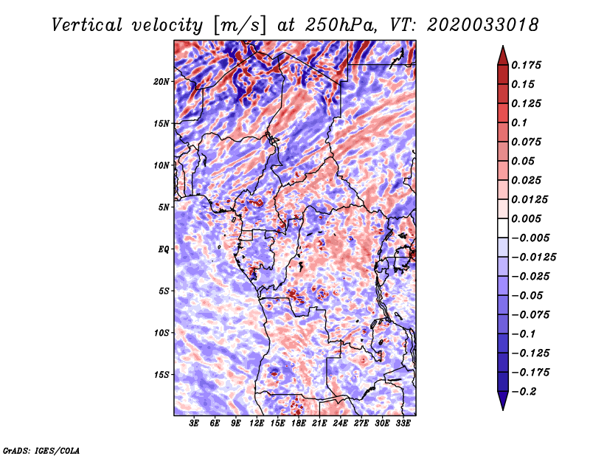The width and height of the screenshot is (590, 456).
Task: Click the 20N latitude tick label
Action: (x=162, y=81)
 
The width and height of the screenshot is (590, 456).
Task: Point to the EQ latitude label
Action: (x=163, y=249)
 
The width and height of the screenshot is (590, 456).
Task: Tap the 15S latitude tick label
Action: (x=162, y=375)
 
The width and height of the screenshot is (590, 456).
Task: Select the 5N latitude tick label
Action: (x=164, y=207)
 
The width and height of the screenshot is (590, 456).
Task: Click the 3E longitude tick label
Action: (x=194, y=424)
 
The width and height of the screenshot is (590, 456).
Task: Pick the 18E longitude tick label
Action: (x=299, y=424)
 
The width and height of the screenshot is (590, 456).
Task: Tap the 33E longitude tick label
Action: (x=403, y=424)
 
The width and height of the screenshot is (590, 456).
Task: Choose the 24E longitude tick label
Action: (x=340, y=424)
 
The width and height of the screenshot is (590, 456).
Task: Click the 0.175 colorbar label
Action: (x=526, y=65)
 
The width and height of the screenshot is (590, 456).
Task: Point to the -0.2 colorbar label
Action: (x=524, y=392)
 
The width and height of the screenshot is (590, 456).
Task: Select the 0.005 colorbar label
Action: (x=526, y=218)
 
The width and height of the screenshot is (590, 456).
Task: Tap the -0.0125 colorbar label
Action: (x=533, y=258)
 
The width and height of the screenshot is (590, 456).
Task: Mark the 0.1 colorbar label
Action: (x=519, y=122)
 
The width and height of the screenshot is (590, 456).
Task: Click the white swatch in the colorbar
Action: (x=503, y=228)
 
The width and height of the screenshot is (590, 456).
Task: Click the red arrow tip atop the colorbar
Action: (x=503, y=46)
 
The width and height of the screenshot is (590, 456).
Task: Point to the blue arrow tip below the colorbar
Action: (x=503, y=410)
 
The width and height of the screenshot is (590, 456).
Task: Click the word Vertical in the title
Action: (x=87, y=25)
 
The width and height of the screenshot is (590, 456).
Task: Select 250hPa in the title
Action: (x=341, y=25)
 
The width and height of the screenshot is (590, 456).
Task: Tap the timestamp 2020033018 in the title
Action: (x=483, y=25)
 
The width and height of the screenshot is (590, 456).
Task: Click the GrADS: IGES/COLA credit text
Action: (x=41, y=450)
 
